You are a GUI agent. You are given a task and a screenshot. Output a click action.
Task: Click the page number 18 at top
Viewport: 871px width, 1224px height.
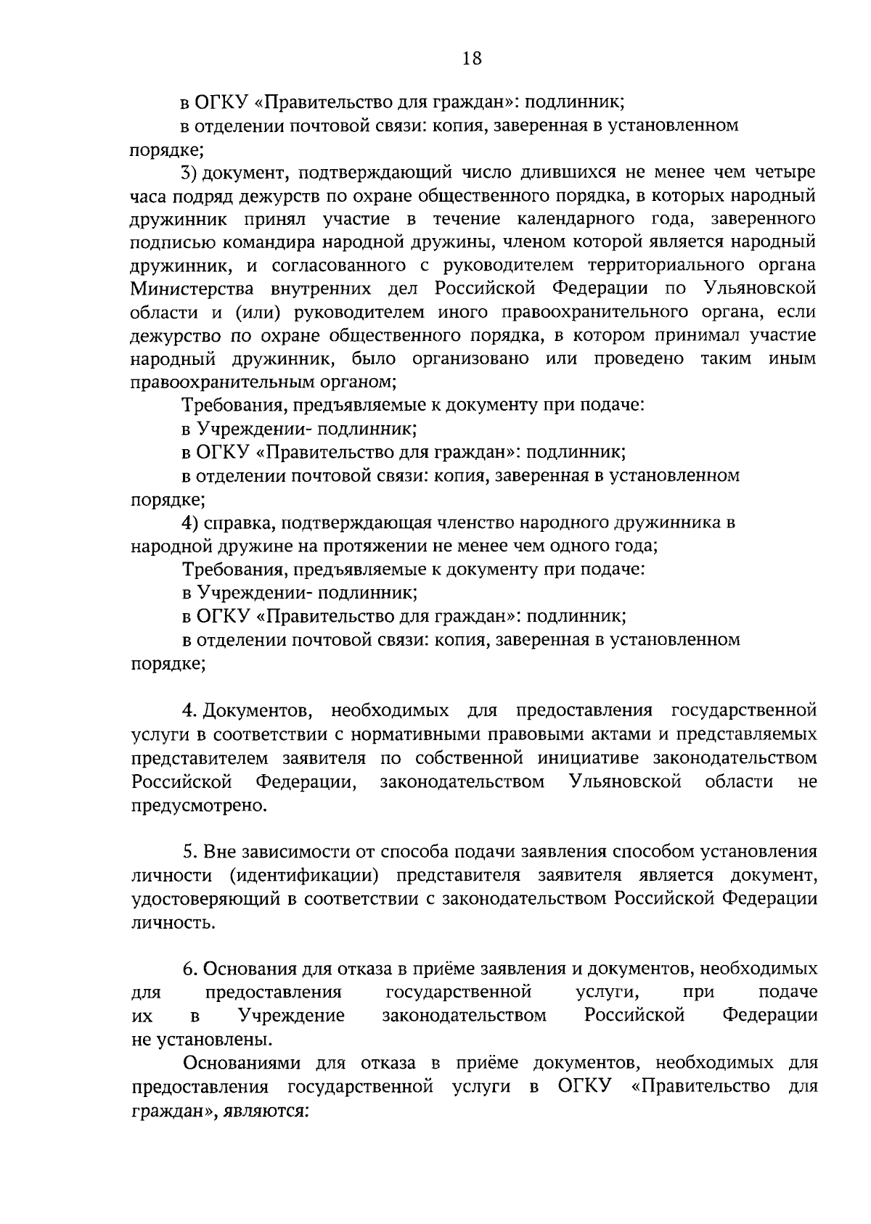click(472, 59)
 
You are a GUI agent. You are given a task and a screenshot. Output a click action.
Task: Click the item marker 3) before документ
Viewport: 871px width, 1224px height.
click(189, 173)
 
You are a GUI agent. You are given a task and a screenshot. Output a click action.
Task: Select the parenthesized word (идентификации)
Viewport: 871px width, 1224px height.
click(304, 875)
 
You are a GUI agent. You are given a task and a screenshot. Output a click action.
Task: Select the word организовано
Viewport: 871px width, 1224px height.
click(470, 359)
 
